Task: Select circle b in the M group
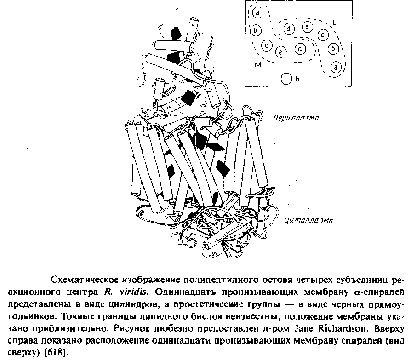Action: coord(256,31)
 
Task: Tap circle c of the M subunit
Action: coord(266,45)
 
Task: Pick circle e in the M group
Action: coord(281,52)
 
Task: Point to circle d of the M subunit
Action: coord(300,48)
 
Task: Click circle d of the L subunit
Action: coord(289,29)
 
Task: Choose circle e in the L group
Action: coord(307,27)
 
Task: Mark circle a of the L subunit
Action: coord(336,67)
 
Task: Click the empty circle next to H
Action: coord(286,79)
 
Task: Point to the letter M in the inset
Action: coord(257,65)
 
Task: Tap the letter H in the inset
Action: coord(298,79)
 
